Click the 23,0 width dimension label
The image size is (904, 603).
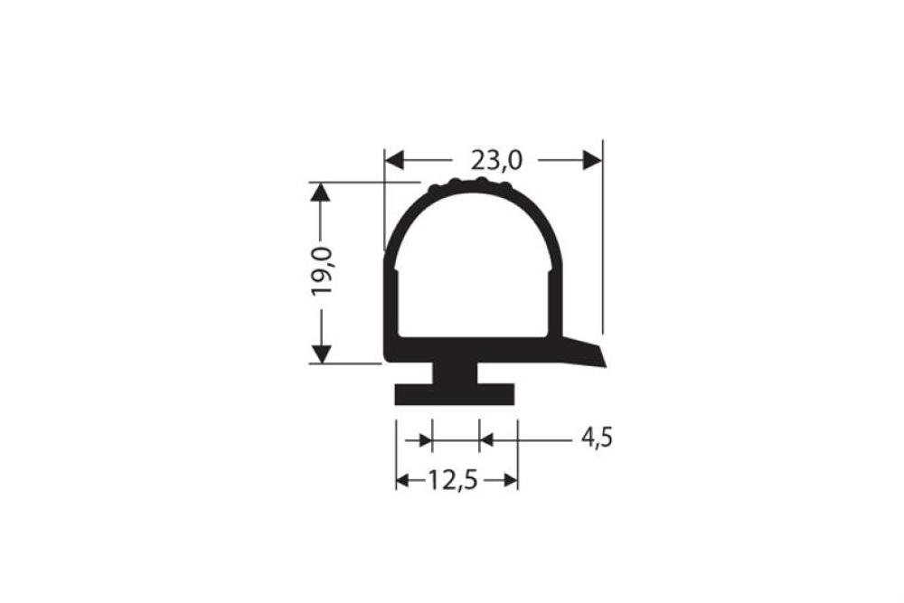point(496,160)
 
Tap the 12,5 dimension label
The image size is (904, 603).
point(453,480)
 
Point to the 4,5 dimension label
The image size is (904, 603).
point(596,438)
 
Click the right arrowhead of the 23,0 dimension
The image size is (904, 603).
point(591,160)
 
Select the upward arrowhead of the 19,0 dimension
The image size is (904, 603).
point(321,193)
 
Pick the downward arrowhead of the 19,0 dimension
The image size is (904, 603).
point(321,353)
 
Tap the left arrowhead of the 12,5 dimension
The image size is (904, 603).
point(403,480)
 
